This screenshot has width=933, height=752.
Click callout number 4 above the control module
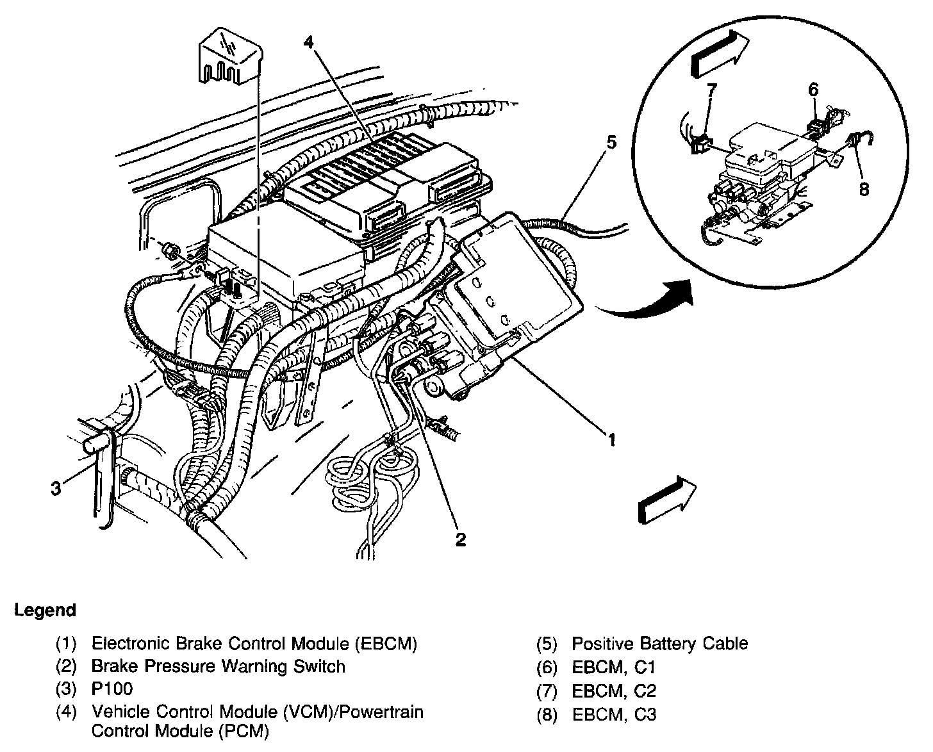[309, 44]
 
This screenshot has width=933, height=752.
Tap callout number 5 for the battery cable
[611, 142]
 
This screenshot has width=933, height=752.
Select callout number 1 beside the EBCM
[611, 440]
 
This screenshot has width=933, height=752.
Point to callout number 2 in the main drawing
[460, 539]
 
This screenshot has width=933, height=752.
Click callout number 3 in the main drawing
[56, 489]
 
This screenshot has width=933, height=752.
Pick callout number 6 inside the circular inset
[813, 89]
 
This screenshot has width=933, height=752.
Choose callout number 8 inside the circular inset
[864, 189]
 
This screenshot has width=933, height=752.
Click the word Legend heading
[45, 610]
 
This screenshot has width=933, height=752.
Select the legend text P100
[112, 689]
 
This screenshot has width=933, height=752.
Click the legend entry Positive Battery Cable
[659, 643]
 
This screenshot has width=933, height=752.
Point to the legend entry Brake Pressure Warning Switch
[218, 666]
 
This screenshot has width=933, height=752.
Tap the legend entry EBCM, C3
[614, 714]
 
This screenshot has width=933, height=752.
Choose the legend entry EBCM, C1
[614, 667]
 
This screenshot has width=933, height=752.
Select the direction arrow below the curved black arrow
[667, 501]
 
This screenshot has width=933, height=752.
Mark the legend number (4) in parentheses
[66, 712]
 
